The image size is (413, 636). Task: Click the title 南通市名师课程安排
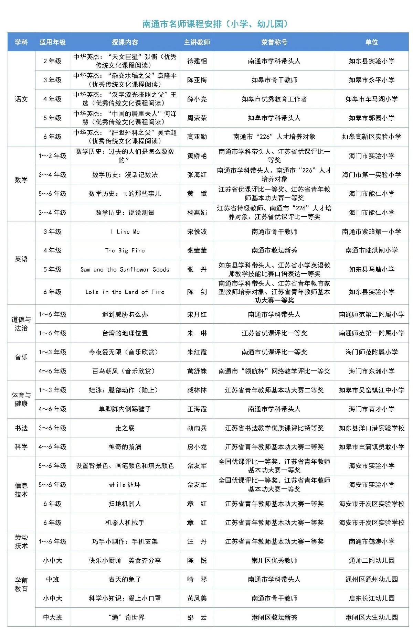coord(215,24)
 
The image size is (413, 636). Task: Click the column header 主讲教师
coord(197,42)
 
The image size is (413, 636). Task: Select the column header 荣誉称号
coord(274,42)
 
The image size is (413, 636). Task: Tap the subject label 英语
coord(21,259)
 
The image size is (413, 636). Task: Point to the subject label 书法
coord(21,428)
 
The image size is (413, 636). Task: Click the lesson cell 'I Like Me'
coord(125,231)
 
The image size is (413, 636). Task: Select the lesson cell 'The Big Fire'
coord(125,250)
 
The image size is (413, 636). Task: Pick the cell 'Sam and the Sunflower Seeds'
coord(125,269)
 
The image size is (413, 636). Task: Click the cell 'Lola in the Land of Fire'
coord(125,292)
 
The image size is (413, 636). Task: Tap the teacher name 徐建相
coord(197,61)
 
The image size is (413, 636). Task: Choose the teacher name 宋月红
coord(197,314)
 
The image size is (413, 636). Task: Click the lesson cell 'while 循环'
coord(125,485)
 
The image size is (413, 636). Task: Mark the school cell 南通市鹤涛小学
coord(371,541)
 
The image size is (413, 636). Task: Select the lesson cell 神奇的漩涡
coord(125,447)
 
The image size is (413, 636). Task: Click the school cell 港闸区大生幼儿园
coord(371,617)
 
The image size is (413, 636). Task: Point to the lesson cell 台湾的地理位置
coord(125,333)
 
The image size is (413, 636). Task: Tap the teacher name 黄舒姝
coord(197,371)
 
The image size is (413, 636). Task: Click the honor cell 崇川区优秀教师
coord(274,560)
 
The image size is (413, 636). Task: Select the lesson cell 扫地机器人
coord(125,504)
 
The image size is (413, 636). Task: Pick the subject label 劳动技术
coord(21,541)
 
